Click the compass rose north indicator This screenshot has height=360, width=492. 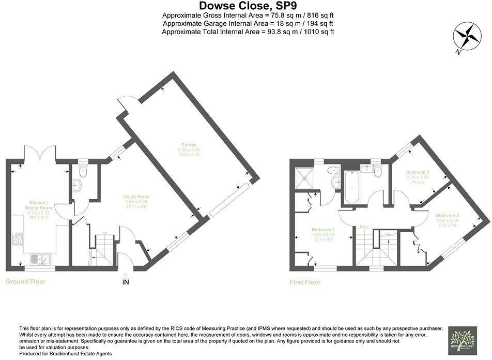point(467,38)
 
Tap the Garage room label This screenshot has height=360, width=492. point(189,147)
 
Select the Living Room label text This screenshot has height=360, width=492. point(136,199)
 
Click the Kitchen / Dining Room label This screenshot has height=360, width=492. point(39,207)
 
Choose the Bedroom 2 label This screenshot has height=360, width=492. point(448,218)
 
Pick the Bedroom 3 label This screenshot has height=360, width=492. point(418,174)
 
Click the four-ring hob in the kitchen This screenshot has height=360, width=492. point(17,238)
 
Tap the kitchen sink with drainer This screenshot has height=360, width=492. point(39,258)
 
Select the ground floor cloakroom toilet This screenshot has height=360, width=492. point(83,171)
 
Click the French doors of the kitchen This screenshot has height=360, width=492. point(39,153)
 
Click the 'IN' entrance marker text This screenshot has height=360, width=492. point(126,282)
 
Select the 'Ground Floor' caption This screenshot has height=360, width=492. point(25,282)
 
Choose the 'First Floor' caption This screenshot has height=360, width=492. point(305,282)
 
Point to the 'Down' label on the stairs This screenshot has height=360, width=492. point(364,227)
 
